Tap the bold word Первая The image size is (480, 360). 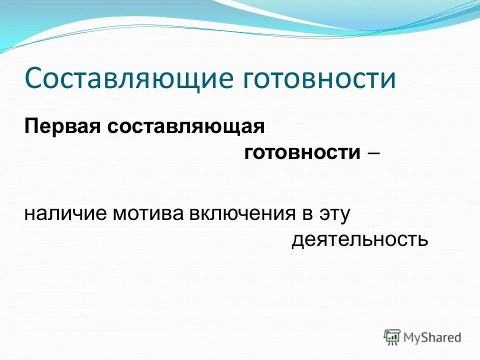coord(62,126)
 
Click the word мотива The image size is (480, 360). coord(149,214)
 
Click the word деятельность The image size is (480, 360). coord(360,240)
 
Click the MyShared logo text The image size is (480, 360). coord(432,337)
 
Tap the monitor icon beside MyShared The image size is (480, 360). coord(392,337)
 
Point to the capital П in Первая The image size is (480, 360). coord(30,126)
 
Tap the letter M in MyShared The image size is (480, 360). coord(409,337)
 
